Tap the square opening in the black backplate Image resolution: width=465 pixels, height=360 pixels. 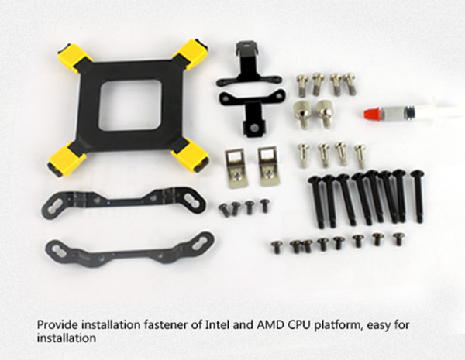[130, 105]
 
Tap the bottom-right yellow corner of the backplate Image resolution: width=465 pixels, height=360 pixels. [191, 156]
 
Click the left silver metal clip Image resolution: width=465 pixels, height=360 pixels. [236, 168]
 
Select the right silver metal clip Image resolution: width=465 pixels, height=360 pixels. [268, 166]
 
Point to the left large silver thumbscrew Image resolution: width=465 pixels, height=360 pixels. [302, 114]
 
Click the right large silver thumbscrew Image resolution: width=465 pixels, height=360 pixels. [324, 114]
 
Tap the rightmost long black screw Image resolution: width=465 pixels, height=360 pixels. [418, 196]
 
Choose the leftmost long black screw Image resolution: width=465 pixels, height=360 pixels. [316, 202]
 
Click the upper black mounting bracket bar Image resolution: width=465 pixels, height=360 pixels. [123, 202]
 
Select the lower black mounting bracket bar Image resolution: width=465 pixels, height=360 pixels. [130, 249]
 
